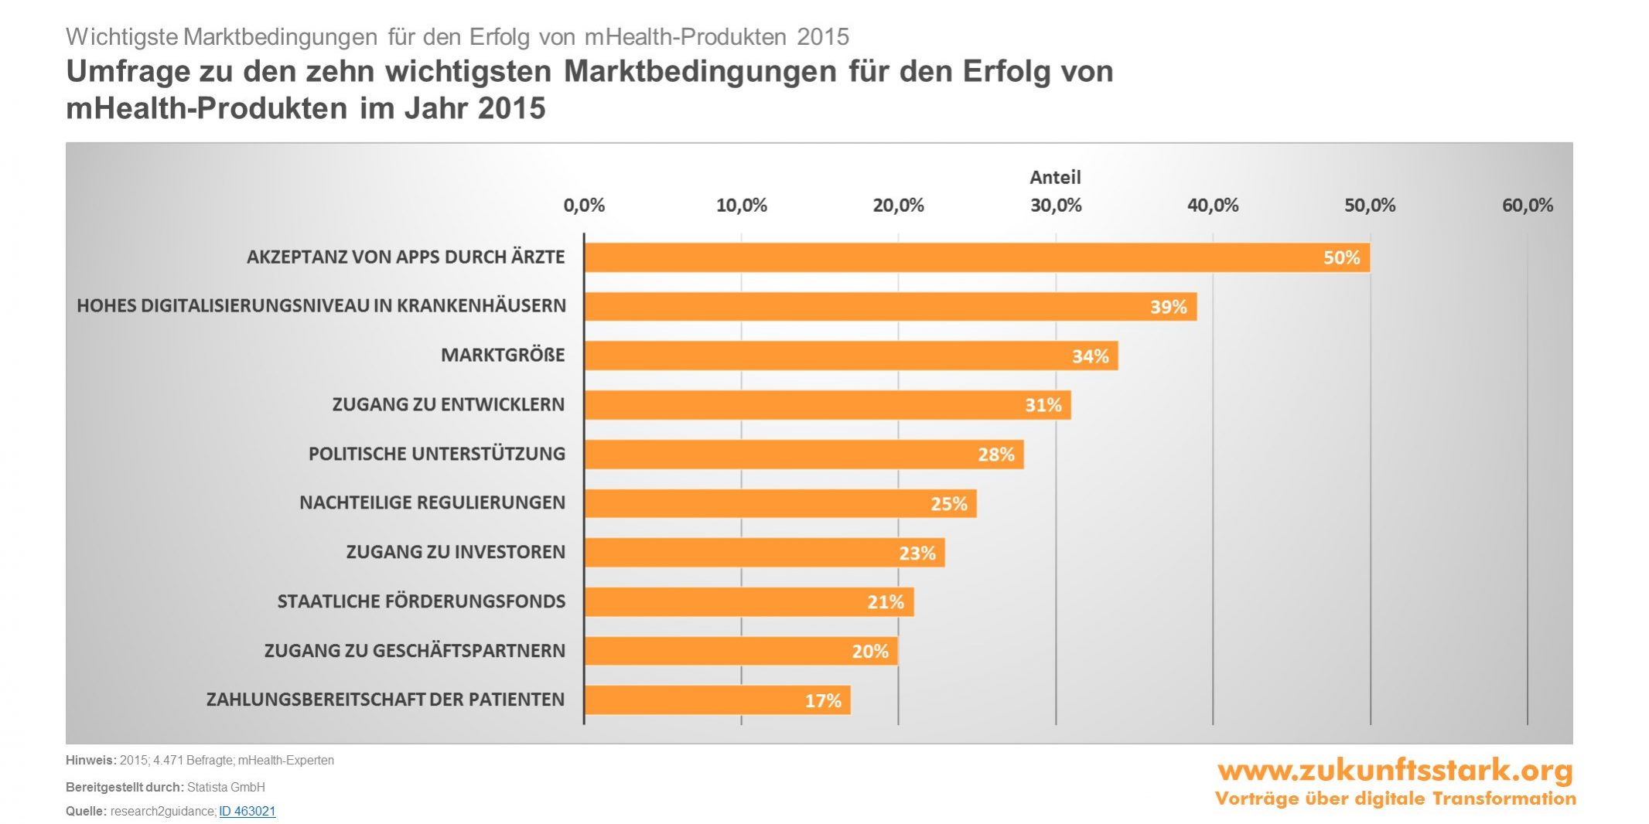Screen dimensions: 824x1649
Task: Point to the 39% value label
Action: click(x=1168, y=307)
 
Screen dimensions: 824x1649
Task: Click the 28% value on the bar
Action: click(x=995, y=455)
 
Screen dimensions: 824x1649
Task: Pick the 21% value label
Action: click(x=886, y=602)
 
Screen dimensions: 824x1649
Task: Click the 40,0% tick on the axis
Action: click(x=1213, y=206)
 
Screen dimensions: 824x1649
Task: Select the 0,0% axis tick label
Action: click(x=584, y=206)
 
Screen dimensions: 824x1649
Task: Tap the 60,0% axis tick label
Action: click(x=1527, y=206)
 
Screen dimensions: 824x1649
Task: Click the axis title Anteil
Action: click(x=1055, y=177)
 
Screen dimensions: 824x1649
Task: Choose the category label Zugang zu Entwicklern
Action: click(x=449, y=404)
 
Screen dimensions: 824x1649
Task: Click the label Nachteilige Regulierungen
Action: click(x=432, y=503)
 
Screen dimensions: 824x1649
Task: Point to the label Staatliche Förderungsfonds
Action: click(x=422, y=601)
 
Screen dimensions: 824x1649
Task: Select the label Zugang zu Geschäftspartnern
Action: click(x=415, y=651)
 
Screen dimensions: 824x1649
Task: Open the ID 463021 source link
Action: click(x=248, y=811)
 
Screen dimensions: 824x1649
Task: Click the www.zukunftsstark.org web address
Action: click(x=1395, y=771)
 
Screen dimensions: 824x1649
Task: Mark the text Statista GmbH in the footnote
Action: click(x=226, y=787)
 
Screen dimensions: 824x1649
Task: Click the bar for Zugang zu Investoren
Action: click(x=764, y=553)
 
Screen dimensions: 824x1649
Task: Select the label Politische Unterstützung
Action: click(x=437, y=454)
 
